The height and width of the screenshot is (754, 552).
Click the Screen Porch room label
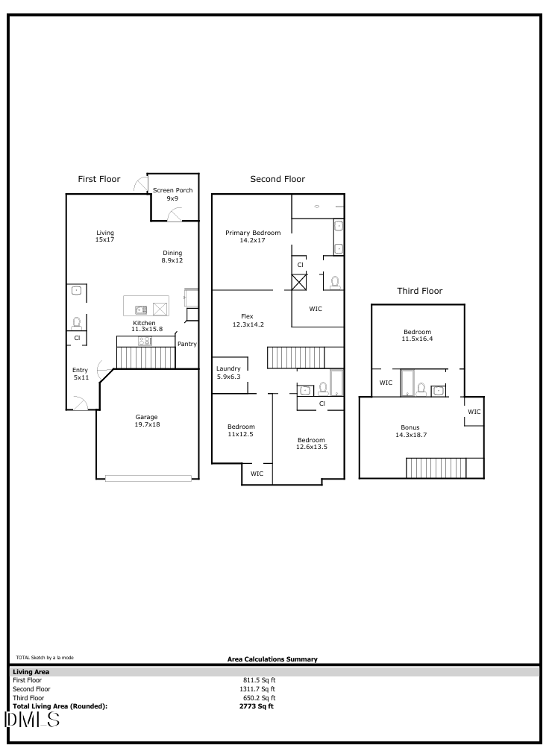pyautogui.click(x=172, y=195)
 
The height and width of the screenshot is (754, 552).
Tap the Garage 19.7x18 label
pyautogui.click(x=146, y=421)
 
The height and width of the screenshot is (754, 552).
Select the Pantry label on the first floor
pyautogui.click(x=186, y=344)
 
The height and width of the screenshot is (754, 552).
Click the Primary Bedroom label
pyautogui.click(x=253, y=236)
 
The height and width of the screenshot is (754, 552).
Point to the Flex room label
pyautogui.click(x=247, y=320)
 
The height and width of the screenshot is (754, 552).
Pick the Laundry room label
pyautogui.click(x=228, y=373)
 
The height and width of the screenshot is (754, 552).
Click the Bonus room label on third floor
pyautogui.click(x=410, y=431)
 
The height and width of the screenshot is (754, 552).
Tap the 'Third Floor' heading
pyautogui.click(x=419, y=291)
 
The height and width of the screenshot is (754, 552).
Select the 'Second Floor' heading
pyautogui.click(x=277, y=179)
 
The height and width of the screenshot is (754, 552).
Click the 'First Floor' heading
pyautogui.click(x=99, y=179)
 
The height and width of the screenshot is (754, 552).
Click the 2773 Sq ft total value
pyautogui.click(x=257, y=706)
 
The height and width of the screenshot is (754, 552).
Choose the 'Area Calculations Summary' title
pyautogui.click(x=272, y=659)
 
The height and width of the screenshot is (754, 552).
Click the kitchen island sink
pyautogui.click(x=141, y=309)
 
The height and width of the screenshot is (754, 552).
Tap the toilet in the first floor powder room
pyautogui.click(x=76, y=323)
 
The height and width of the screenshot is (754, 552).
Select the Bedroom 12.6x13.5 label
pyautogui.click(x=311, y=444)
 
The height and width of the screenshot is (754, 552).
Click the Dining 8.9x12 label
pyautogui.click(x=172, y=257)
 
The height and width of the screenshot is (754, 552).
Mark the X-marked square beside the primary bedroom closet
pyautogui.click(x=299, y=282)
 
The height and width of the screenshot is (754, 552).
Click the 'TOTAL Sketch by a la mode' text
pyautogui.click(x=45, y=657)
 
